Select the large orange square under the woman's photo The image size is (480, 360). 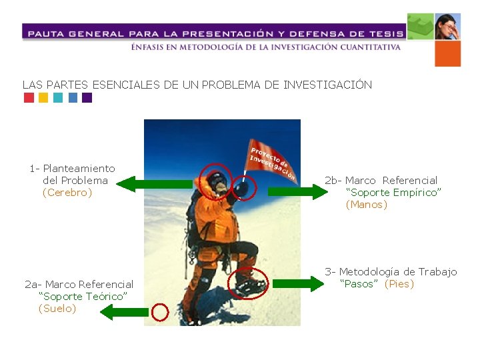pos(447,54)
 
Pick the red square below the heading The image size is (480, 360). pos(29,98)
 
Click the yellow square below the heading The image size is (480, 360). pos(43,98)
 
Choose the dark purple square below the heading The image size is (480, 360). pos(87,98)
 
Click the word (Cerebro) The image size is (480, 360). pos(67,193)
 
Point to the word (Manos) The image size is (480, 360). pos(366,205)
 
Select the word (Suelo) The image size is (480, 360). pos(57,309)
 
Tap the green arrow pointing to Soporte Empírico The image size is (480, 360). pos(295,192)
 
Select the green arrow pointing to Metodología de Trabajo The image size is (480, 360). pos(297,284)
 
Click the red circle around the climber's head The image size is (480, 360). pos(215,179)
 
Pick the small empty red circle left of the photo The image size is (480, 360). pos(160,312)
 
